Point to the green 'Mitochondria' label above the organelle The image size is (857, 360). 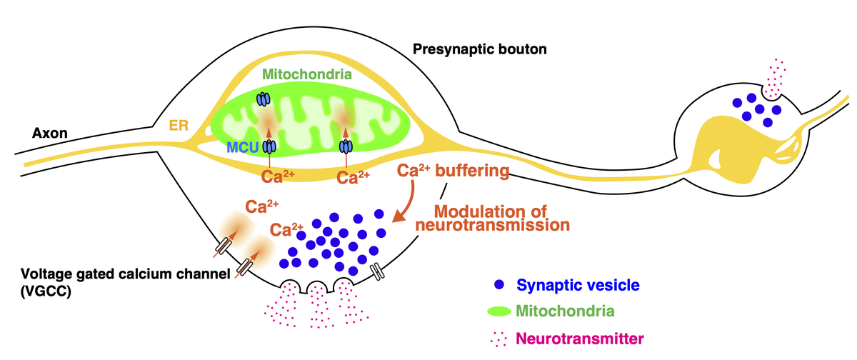[305, 73]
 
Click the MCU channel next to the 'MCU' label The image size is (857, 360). [269, 146]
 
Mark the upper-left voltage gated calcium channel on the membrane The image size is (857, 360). [223, 245]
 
